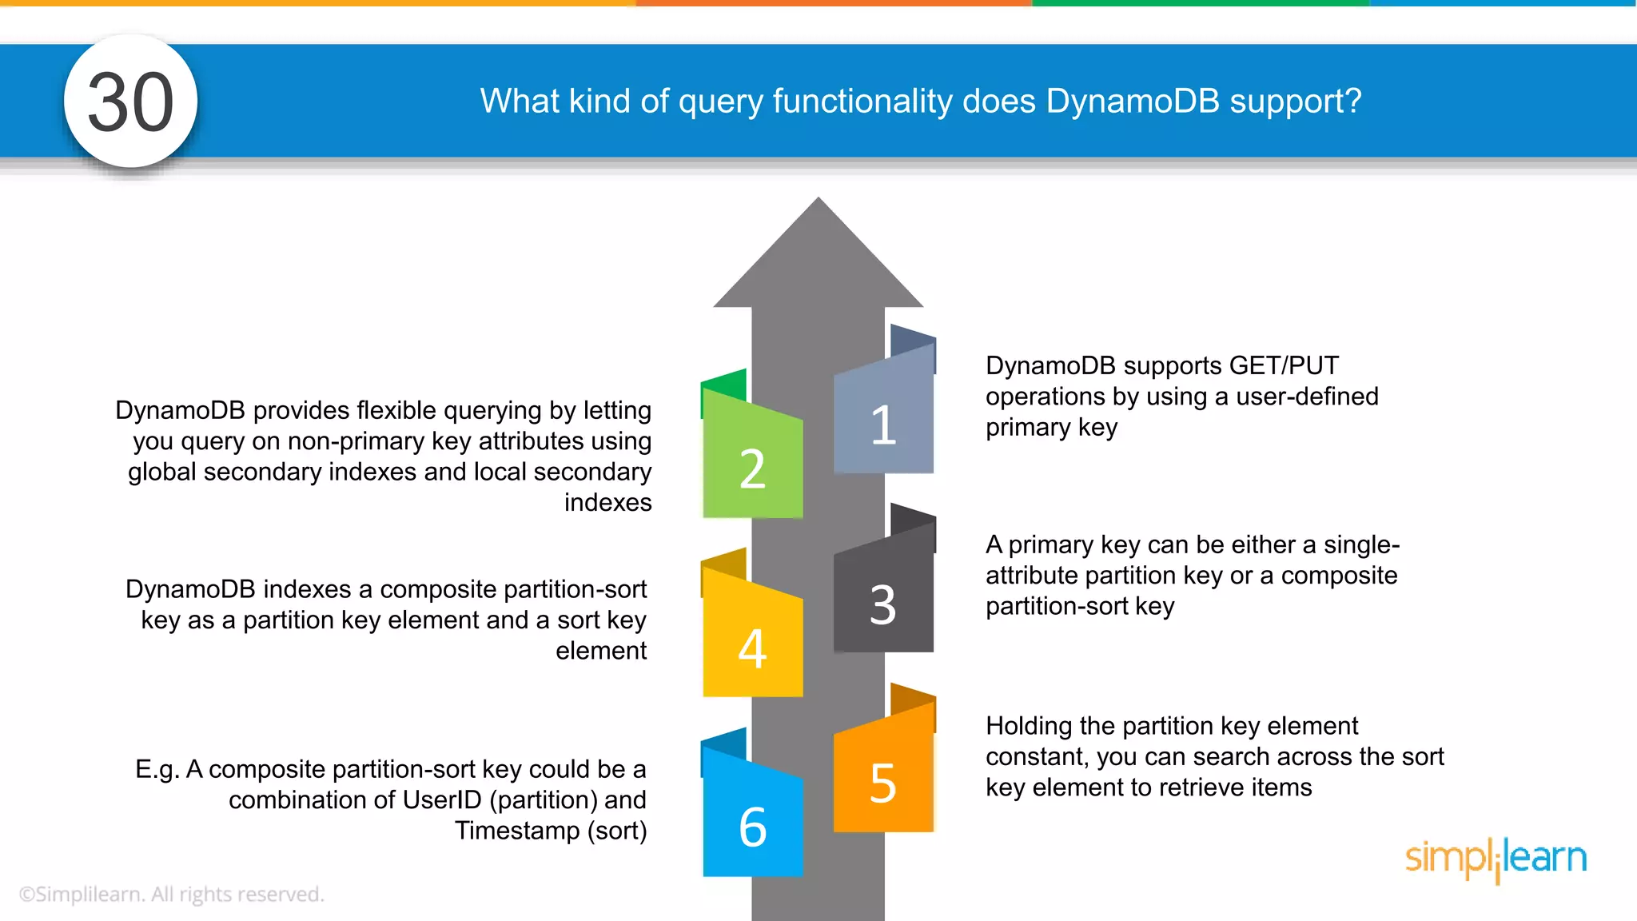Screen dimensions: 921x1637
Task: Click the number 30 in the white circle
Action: coord(130,102)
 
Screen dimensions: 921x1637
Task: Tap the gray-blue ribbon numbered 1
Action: coord(883,420)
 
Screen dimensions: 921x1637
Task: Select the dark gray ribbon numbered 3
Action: coord(883,600)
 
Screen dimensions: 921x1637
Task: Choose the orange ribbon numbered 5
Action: coord(883,779)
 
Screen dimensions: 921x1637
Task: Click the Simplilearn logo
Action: coord(1496,859)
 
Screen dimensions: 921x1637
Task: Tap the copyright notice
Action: coord(171,894)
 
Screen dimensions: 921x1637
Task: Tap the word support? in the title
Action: coord(1295,102)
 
